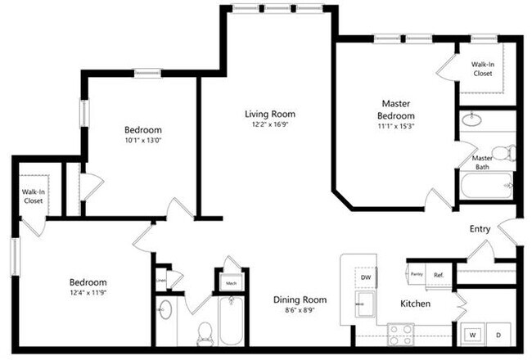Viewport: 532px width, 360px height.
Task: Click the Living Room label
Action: pos(270,114)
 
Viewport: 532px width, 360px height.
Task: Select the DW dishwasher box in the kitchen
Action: pos(365,277)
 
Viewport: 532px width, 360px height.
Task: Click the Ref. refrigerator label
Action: pos(438,275)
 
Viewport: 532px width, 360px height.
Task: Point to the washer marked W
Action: pos(471,334)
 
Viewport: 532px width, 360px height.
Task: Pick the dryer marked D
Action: pos(498,334)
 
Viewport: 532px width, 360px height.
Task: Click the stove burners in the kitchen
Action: pos(401,334)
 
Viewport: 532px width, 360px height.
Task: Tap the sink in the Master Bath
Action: pos(472,121)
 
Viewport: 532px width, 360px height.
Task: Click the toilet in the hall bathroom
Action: pos(205,332)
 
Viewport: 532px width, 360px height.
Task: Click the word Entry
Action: pos(480,228)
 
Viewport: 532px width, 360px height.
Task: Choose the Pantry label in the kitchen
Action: pos(416,275)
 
